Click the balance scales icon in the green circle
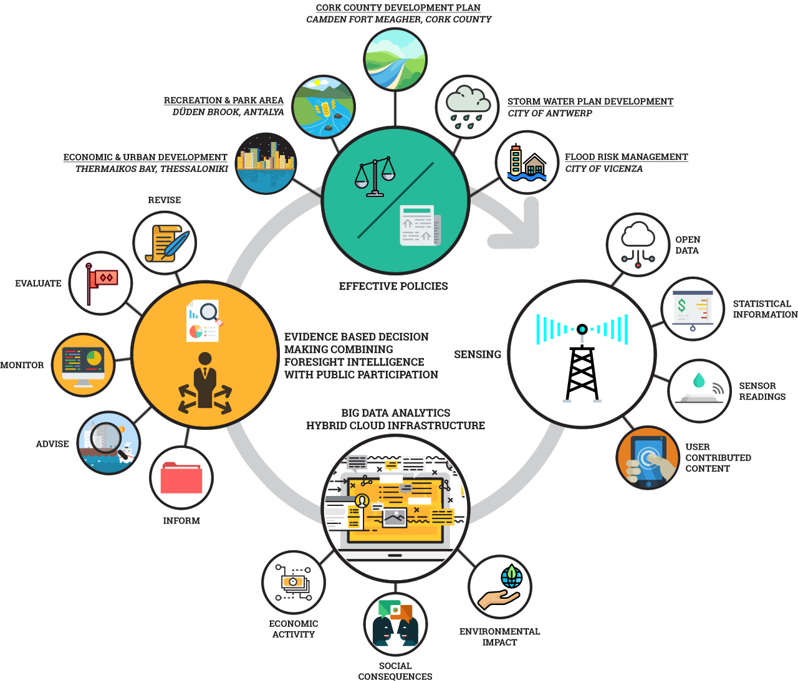[x=375, y=176]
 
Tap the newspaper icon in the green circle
[x=420, y=226]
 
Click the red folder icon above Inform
[x=181, y=478]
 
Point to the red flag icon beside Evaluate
[x=101, y=283]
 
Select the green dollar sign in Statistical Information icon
[x=682, y=305]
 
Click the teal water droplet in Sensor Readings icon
[x=699, y=379]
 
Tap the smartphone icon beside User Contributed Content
[x=648, y=461]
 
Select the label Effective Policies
[x=393, y=286]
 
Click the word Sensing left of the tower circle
[x=478, y=354]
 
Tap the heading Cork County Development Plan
[x=398, y=7]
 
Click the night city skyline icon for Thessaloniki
[x=266, y=164]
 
